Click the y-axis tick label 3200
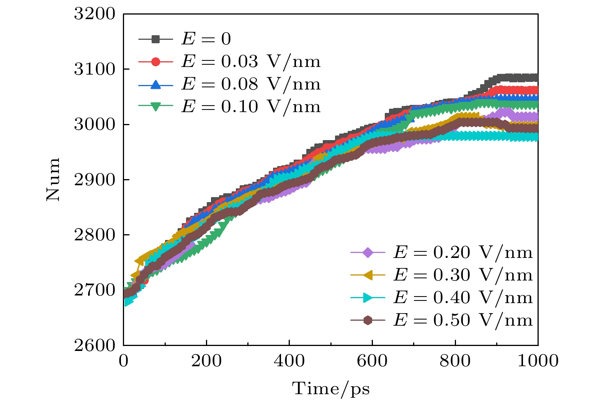[x=94, y=14]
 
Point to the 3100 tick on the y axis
[x=94, y=70]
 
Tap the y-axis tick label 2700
[x=94, y=290]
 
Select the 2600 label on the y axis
[x=94, y=346]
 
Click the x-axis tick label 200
[x=206, y=361]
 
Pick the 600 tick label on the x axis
[x=372, y=361]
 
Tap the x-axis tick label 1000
[x=538, y=361]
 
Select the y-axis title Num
[x=53, y=179]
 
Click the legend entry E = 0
[x=206, y=39]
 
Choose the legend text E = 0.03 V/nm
[x=251, y=62]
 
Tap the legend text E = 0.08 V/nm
[x=251, y=84]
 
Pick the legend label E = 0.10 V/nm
[x=251, y=107]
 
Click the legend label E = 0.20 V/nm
[x=463, y=253]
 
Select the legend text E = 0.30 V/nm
[x=463, y=275]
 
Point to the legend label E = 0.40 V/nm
[x=463, y=298]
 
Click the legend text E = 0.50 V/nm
[x=463, y=320]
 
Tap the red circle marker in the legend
[x=155, y=62]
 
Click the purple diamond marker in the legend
[x=368, y=253]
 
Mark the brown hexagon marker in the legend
[x=368, y=320]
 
